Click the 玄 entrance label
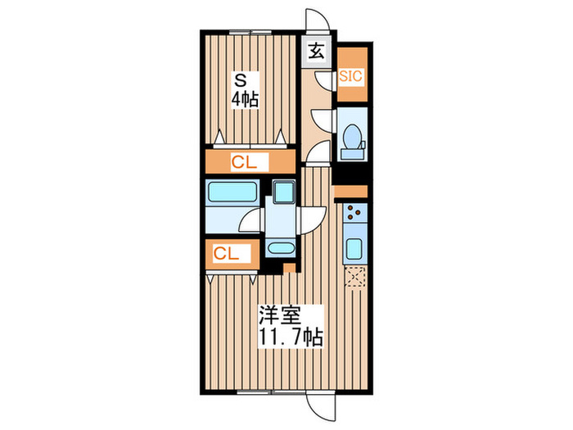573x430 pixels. (x=316, y=50)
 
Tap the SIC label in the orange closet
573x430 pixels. (x=351, y=76)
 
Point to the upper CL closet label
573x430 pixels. (x=243, y=162)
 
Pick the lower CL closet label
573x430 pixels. (x=227, y=254)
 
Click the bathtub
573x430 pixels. (x=232, y=193)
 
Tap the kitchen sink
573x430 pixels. (x=355, y=248)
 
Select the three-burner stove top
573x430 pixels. (x=355, y=215)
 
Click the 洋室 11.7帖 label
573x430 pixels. (x=291, y=325)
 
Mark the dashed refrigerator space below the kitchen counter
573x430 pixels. (x=355, y=278)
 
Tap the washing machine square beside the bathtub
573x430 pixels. (x=284, y=192)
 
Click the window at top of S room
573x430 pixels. (x=250, y=32)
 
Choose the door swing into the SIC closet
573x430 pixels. (x=327, y=79)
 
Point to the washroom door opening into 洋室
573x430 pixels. (x=312, y=219)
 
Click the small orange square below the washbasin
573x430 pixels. (x=288, y=268)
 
